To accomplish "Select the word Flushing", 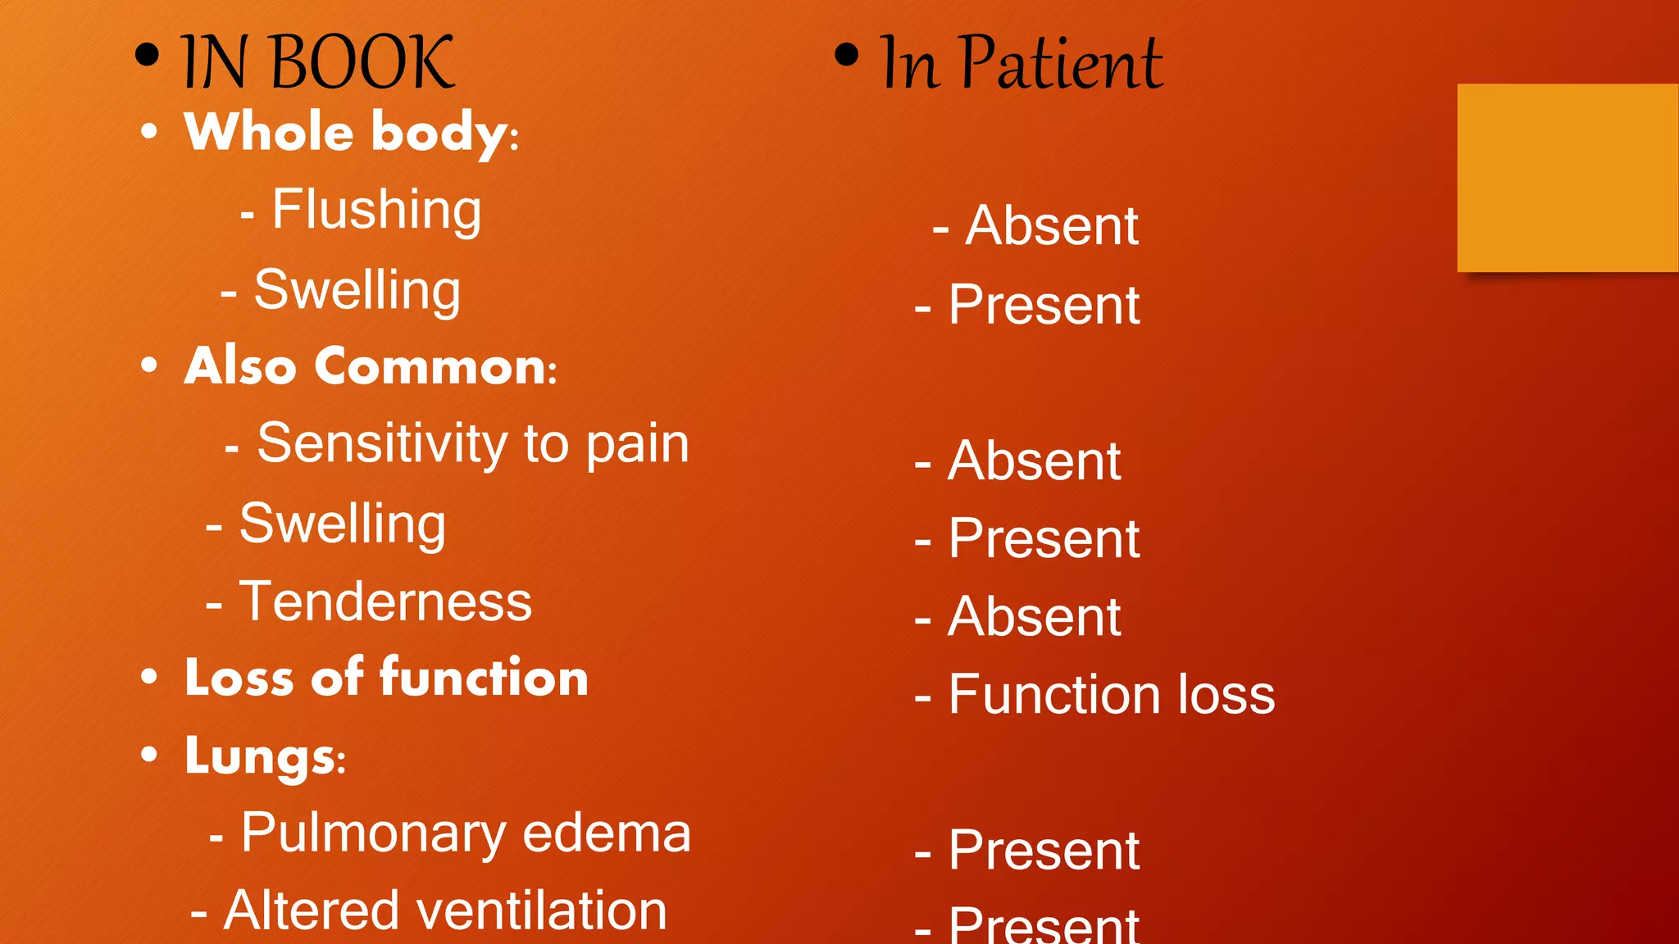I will (x=376, y=210).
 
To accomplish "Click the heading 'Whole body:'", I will (x=352, y=132).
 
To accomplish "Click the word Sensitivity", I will (x=382, y=443).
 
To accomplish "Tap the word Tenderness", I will (x=385, y=601).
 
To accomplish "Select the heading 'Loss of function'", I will (x=386, y=678).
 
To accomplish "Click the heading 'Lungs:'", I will (x=265, y=756).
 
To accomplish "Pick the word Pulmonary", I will (x=374, y=833).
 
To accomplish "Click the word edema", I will (x=607, y=833).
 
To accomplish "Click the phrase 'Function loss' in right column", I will (x=1111, y=695).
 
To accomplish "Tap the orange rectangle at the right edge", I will (x=1568, y=177).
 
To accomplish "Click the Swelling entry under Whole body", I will (x=357, y=290).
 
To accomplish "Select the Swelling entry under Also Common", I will (x=343, y=524).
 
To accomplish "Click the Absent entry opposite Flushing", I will (x=1052, y=225).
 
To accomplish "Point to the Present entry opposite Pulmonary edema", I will (x=1044, y=851).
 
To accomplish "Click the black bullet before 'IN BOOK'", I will (x=147, y=56).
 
